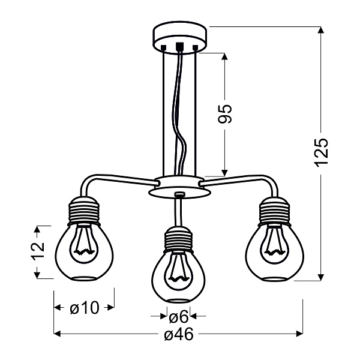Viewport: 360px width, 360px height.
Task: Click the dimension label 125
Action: click(x=322, y=152)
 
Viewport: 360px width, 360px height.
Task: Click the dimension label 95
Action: click(x=224, y=113)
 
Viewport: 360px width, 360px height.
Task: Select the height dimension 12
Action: click(x=37, y=247)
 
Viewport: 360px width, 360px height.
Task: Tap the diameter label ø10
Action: click(x=84, y=308)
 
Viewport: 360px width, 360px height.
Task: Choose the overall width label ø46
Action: click(x=178, y=335)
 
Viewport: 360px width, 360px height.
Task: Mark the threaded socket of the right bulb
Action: click(x=275, y=210)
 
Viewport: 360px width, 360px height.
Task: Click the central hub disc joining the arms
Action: click(x=178, y=187)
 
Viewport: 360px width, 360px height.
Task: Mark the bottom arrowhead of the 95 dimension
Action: click(x=224, y=170)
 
